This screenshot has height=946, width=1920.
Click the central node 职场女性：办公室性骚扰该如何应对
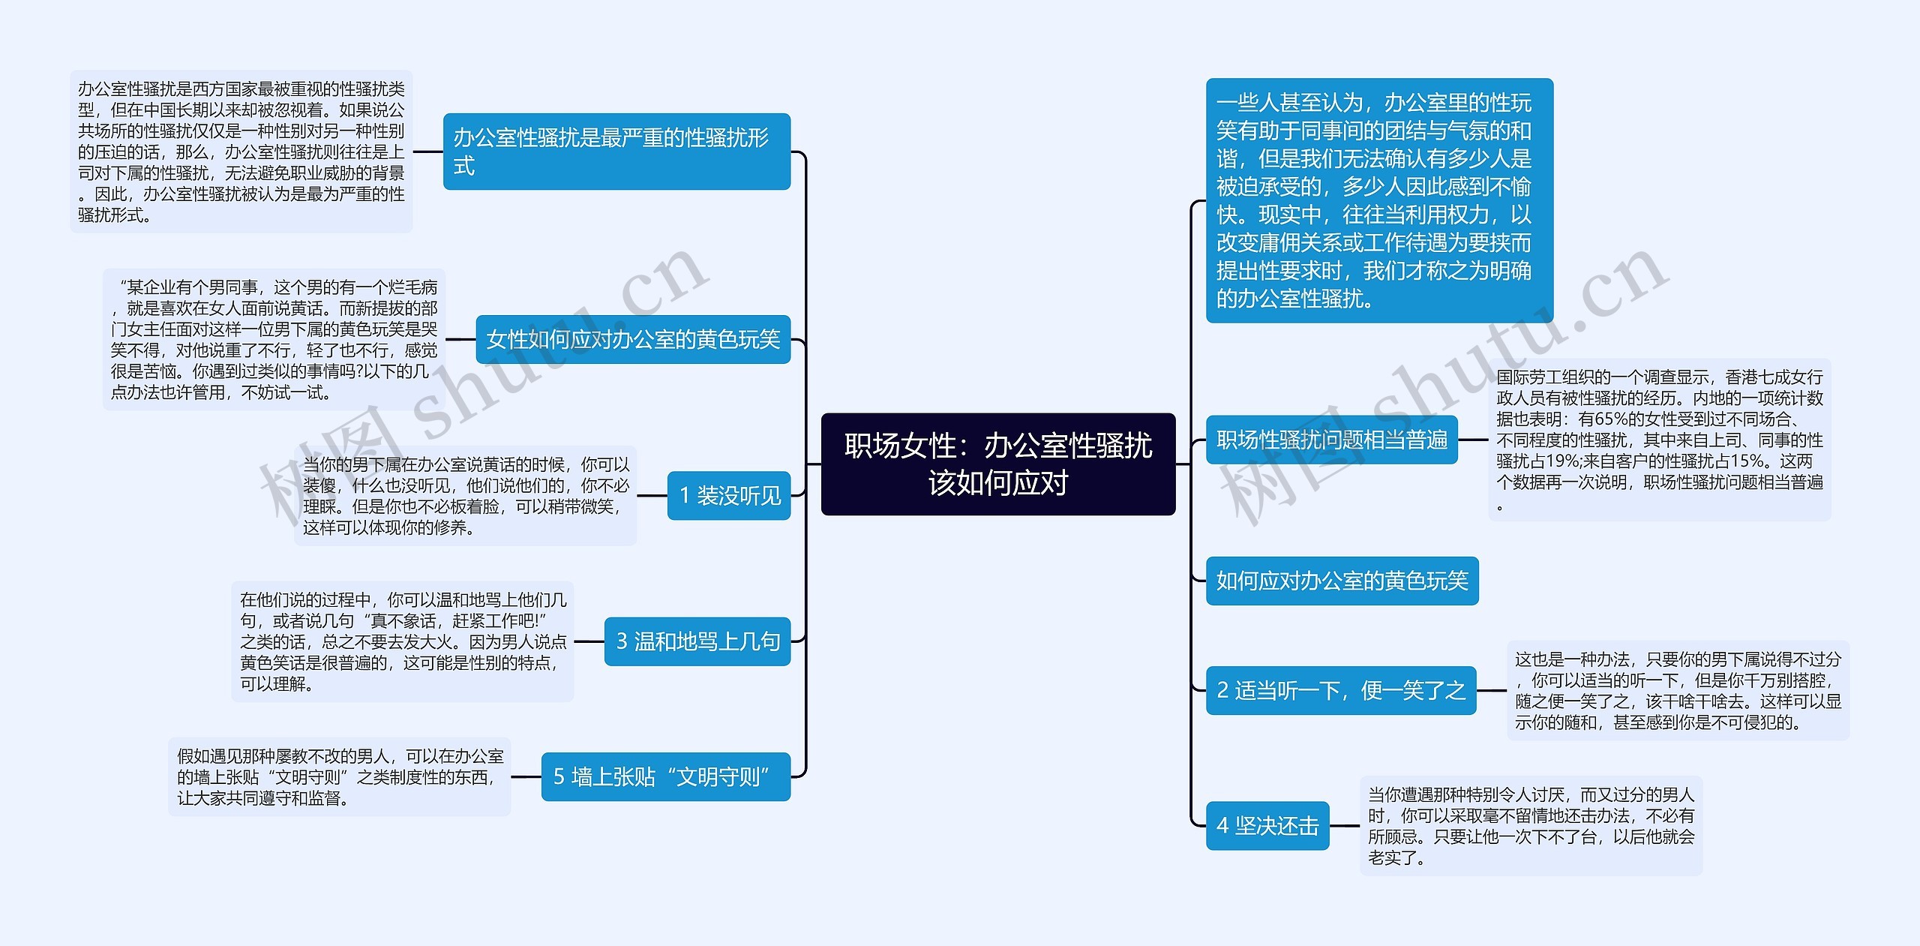pyautogui.click(x=997, y=464)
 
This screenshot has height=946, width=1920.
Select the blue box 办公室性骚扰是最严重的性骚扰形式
pyautogui.click(x=616, y=152)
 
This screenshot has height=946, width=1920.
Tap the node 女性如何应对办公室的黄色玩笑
pyautogui.click(x=632, y=340)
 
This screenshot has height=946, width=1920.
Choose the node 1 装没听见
pyautogui.click(x=728, y=496)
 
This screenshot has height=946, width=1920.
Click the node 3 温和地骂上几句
pyautogui.click(x=697, y=641)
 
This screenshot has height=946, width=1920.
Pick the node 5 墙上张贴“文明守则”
pyautogui.click(x=665, y=776)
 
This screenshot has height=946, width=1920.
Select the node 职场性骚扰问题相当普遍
pyautogui.click(x=1331, y=440)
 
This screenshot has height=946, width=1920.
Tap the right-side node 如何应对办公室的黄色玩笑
pyautogui.click(x=1341, y=581)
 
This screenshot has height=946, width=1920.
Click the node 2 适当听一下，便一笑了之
pyautogui.click(x=1340, y=690)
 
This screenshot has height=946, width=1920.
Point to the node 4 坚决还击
pyautogui.click(x=1267, y=826)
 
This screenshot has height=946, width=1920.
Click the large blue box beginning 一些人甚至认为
pyautogui.click(x=1378, y=200)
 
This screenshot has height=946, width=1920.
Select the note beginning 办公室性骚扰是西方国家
pyautogui.click(x=241, y=152)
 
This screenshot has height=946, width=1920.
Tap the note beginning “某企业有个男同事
pyautogui.click(x=274, y=340)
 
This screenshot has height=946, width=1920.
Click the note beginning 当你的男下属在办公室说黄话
pyautogui.click(x=465, y=496)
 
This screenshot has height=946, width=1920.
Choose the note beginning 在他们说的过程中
pyautogui.click(x=402, y=641)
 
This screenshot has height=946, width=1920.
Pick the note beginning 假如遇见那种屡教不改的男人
pyautogui.click(x=339, y=776)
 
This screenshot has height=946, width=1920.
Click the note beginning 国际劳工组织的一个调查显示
pyautogui.click(x=1659, y=440)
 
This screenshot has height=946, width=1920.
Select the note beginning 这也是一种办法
pyautogui.click(x=1678, y=690)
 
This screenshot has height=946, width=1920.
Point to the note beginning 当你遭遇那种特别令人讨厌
pyautogui.click(x=1530, y=826)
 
